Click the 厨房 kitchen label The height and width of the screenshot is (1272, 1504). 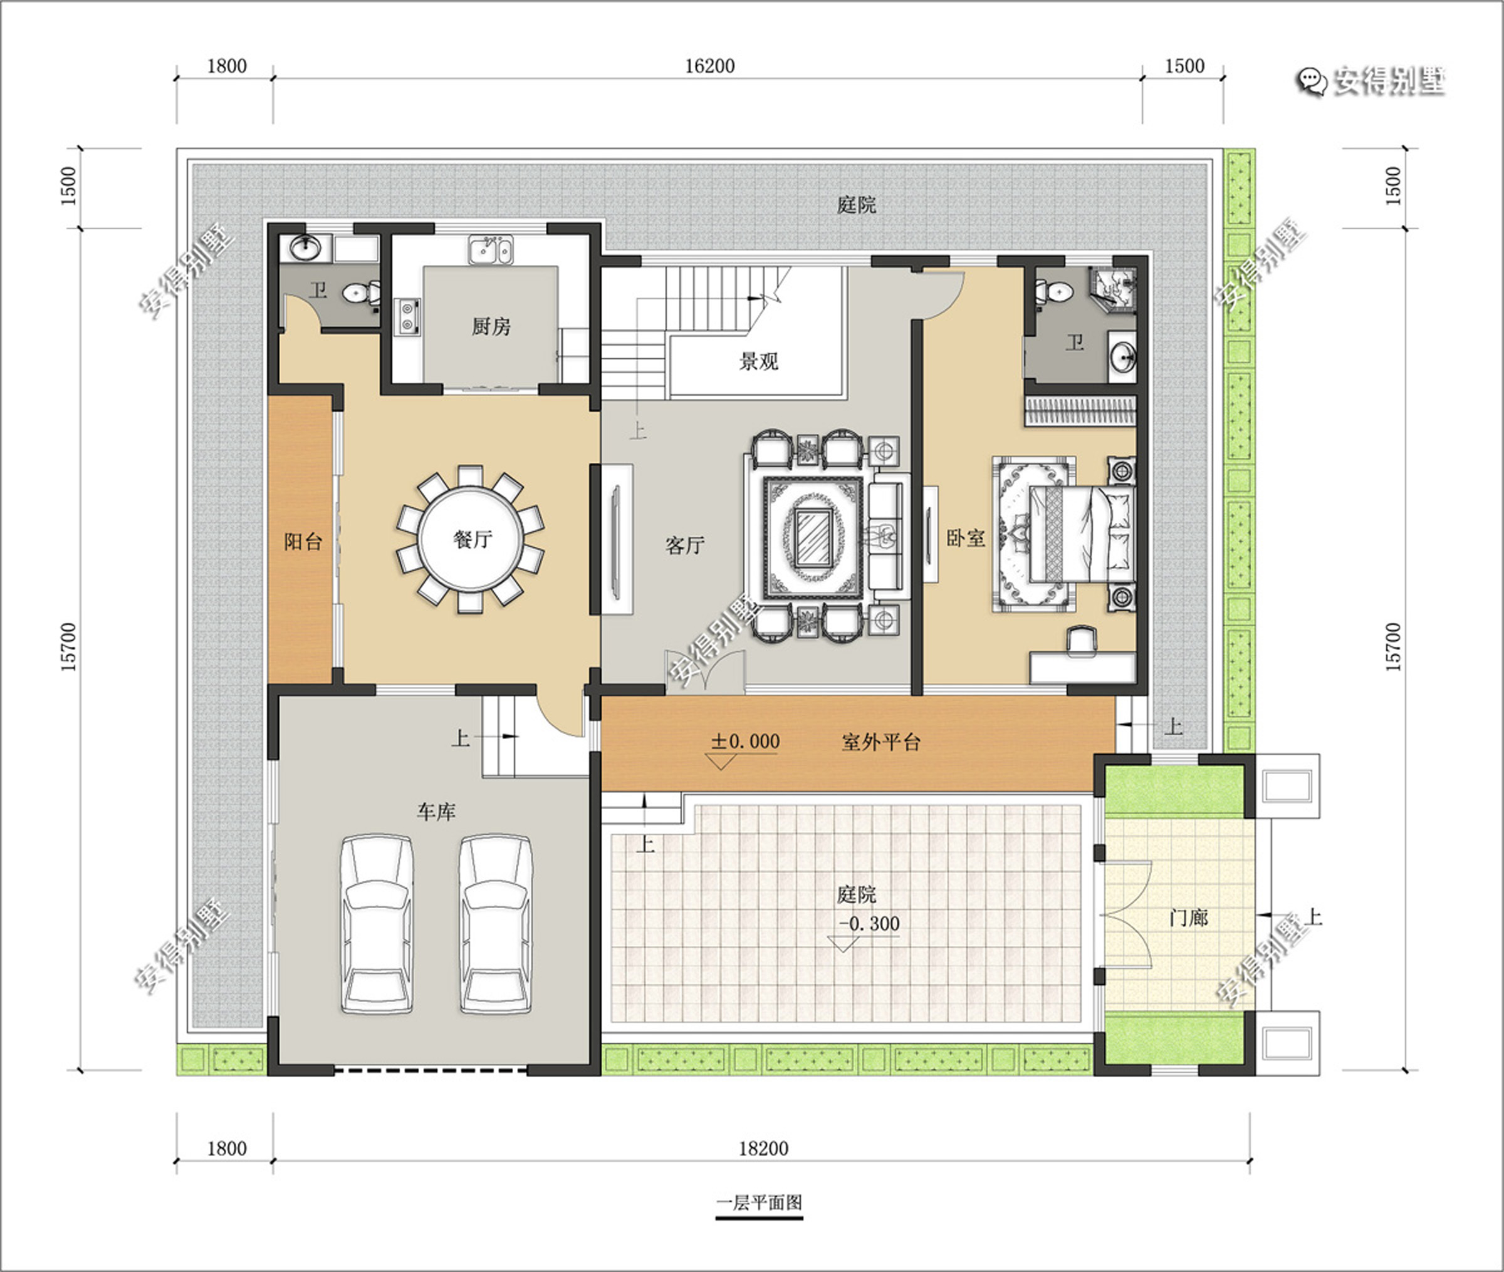tap(491, 327)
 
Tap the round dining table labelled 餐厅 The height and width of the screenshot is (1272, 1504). tap(471, 539)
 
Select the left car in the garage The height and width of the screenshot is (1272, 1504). tap(377, 924)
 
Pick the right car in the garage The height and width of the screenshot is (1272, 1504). tap(496, 924)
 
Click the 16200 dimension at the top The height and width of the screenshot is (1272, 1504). tap(710, 66)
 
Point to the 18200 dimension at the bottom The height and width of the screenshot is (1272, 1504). tap(763, 1148)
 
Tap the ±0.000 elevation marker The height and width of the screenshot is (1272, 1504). tap(745, 742)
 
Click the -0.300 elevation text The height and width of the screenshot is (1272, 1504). tap(869, 924)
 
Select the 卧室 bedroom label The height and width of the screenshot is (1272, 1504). tap(966, 538)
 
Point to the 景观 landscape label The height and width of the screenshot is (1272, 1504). tap(759, 361)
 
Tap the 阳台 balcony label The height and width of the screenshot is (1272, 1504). tap(303, 542)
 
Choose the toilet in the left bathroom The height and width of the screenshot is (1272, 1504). tap(362, 292)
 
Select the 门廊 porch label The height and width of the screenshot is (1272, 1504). tap(1188, 918)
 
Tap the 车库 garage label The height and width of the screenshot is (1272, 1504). tap(436, 812)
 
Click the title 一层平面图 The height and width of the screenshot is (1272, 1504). tap(759, 1202)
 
